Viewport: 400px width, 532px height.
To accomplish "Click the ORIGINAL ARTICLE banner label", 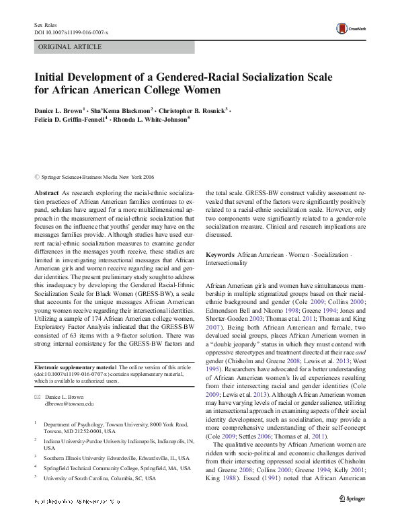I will (70, 47).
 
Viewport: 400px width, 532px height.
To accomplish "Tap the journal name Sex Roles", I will (44, 25).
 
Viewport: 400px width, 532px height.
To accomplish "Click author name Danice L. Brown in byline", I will (58, 109).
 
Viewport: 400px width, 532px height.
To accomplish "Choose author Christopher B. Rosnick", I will (195, 109).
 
